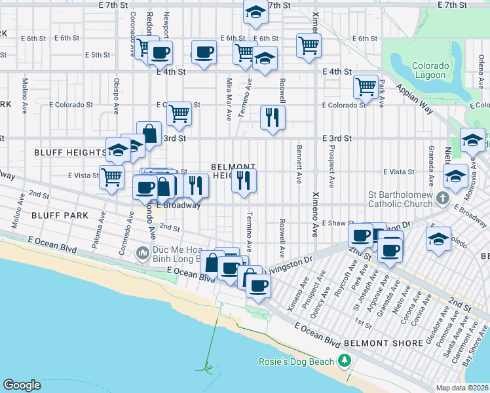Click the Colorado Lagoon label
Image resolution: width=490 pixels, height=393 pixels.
click(x=430, y=71)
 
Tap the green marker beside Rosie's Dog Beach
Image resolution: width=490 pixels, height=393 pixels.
click(x=344, y=361)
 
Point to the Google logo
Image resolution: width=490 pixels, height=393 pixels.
click(x=22, y=385)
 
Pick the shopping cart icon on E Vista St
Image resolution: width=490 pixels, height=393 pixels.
click(x=112, y=176)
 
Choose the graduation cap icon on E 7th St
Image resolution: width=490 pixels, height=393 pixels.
click(x=255, y=12)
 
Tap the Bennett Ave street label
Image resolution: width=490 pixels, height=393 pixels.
click(x=299, y=164)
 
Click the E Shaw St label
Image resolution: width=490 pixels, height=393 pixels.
click(x=337, y=224)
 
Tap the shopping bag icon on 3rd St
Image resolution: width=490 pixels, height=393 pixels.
click(x=149, y=134)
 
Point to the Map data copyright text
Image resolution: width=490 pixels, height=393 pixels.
click(x=461, y=388)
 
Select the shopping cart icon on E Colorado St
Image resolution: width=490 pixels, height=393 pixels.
click(x=178, y=114)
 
